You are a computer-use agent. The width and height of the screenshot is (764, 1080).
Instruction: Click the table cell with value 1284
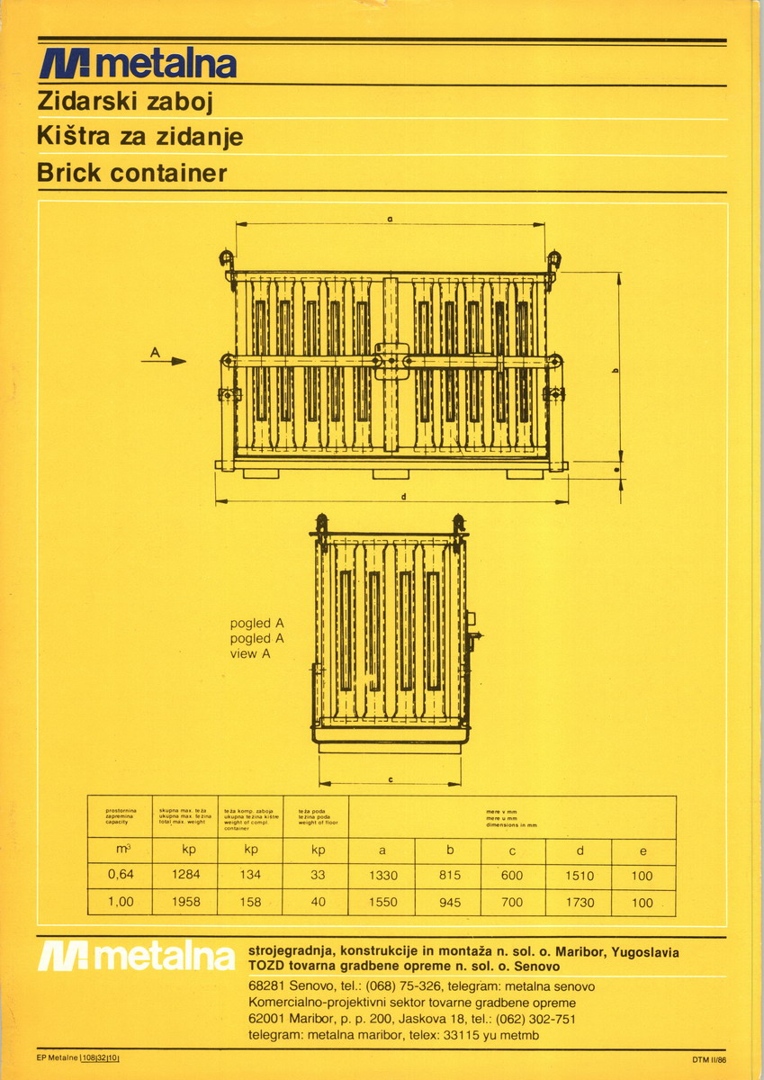[184, 875]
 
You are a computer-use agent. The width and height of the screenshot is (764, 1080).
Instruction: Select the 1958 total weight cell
[184, 902]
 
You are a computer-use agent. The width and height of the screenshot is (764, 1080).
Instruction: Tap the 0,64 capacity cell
[121, 875]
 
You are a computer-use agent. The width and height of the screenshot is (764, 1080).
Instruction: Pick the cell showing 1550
[382, 902]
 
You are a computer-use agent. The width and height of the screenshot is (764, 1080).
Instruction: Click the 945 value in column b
[449, 902]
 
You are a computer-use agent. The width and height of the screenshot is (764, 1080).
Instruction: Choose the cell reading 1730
[579, 902]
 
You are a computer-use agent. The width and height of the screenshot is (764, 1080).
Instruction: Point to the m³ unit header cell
[121, 850]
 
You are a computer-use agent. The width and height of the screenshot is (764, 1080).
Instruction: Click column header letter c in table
[513, 850]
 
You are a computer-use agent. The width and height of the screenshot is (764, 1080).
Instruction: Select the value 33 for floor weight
[316, 875]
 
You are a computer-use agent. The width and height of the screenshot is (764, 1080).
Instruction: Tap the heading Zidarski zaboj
[124, 103]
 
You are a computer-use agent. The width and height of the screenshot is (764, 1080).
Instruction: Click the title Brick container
[132, 173]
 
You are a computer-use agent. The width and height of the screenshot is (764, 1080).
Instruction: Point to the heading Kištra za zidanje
[139, 138]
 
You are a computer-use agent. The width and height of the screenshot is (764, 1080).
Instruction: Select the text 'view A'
[250, 654]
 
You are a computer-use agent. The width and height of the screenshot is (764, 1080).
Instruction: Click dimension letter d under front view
[404, 497]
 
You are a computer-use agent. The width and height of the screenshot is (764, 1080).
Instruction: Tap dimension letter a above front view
[390, 219]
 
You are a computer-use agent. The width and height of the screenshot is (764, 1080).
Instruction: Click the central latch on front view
[391, 361]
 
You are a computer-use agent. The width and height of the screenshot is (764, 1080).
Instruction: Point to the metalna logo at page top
[138, 64]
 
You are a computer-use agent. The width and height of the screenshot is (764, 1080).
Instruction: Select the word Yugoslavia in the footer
[645, 952]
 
